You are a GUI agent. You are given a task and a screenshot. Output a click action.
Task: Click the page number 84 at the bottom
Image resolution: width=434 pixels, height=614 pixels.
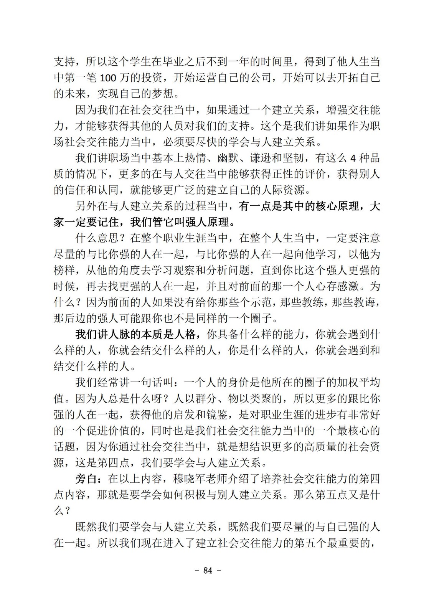click(x=208, y=570)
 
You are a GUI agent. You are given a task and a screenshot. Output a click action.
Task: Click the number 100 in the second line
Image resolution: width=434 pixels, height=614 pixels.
click(x=110, y=78)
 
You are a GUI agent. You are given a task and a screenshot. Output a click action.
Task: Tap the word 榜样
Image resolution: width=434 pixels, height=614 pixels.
click(x=64, y=270)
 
